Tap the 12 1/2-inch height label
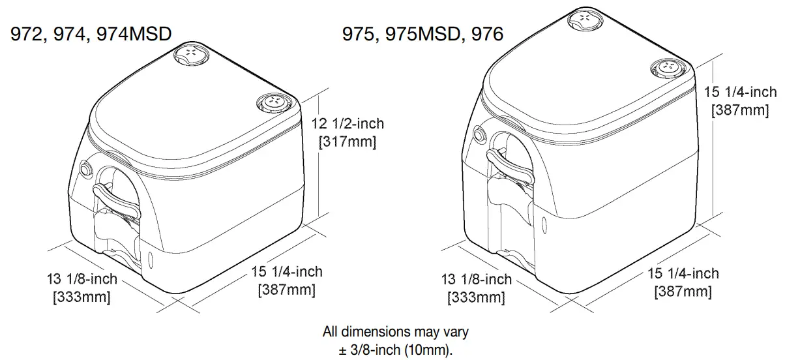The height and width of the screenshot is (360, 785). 348,123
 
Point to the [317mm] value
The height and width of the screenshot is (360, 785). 348,142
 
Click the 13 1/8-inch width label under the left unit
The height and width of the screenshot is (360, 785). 81,279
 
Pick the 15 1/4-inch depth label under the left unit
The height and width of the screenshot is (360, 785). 287,271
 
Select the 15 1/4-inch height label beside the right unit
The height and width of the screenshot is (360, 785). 741,93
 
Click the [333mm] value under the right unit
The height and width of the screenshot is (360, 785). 476,297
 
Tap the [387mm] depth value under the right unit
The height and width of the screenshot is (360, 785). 683,292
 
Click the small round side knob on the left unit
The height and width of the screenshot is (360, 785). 85,170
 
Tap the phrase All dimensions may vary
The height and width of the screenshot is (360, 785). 396,331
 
